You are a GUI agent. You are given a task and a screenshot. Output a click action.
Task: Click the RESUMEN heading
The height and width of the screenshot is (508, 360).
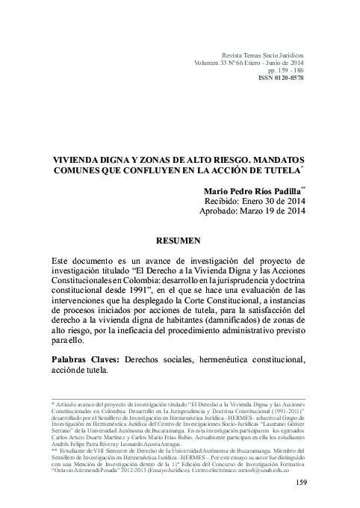point(179,241)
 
